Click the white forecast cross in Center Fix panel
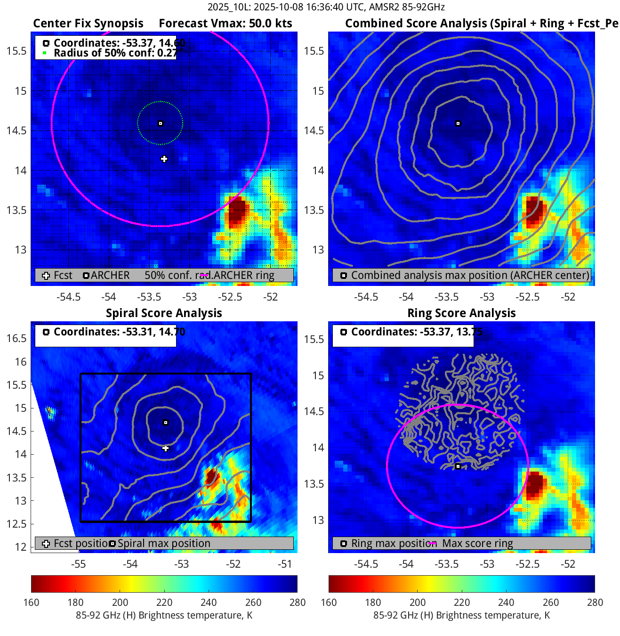[x=164, y=159]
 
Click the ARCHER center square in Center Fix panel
[x=160, y=123]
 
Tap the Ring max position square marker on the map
[x=458, y=466]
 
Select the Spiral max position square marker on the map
[x=165, y=423]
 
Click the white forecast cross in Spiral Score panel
[x=165, y=448]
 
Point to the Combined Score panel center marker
[x=458, y=123]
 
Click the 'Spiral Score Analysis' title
[x=164, y=313]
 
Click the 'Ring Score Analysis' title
[x=461, y=313]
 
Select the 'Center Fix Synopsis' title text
[x=88, y=24]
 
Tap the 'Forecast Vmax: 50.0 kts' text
[x=225, y=24]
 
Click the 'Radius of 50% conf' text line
[x=115, y=53]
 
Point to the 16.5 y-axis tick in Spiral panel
[x=17, y=338]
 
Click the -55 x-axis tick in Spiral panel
[x=78, y=564]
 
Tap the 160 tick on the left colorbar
[x=31, y=602]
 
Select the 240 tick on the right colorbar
[x=506, y=602]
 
